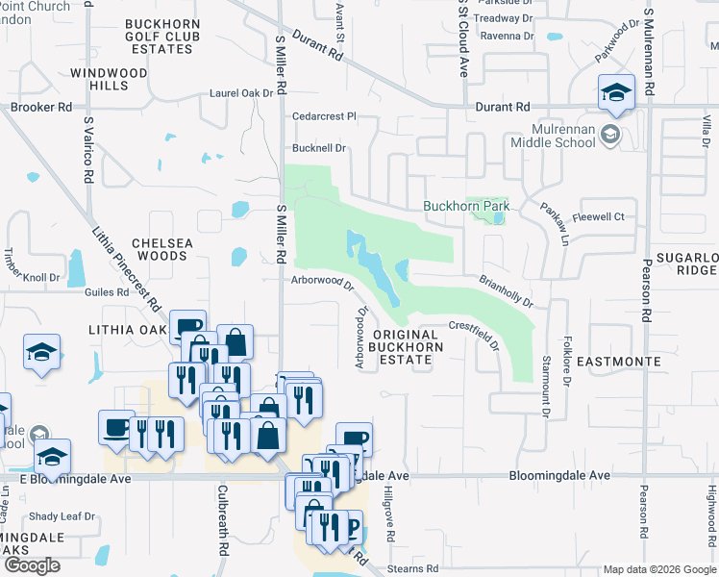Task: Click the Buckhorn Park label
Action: click(466, 207)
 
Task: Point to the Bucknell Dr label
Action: click(319, 149)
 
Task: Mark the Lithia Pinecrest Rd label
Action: click(126, 270)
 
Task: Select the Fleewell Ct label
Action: click(599, 217)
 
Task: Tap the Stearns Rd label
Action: click(413, 569)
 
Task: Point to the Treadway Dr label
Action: click(503, 18)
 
